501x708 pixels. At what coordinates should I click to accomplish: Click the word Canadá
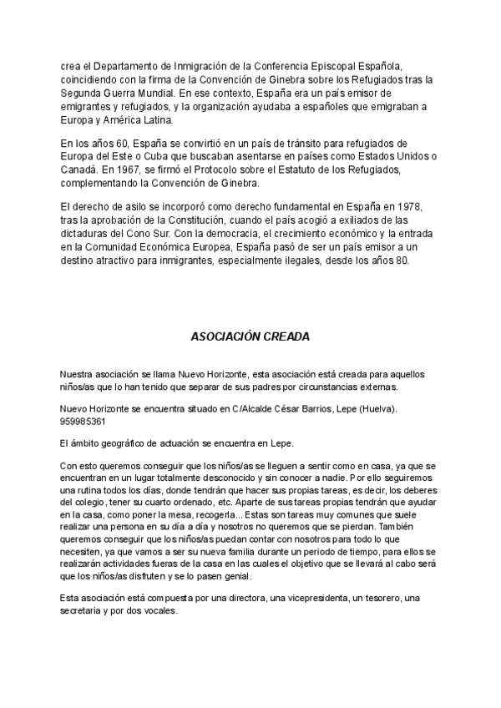[79, 170]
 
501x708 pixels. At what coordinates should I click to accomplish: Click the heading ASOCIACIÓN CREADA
[250, 337]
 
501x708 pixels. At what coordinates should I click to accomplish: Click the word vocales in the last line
[159, 611]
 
